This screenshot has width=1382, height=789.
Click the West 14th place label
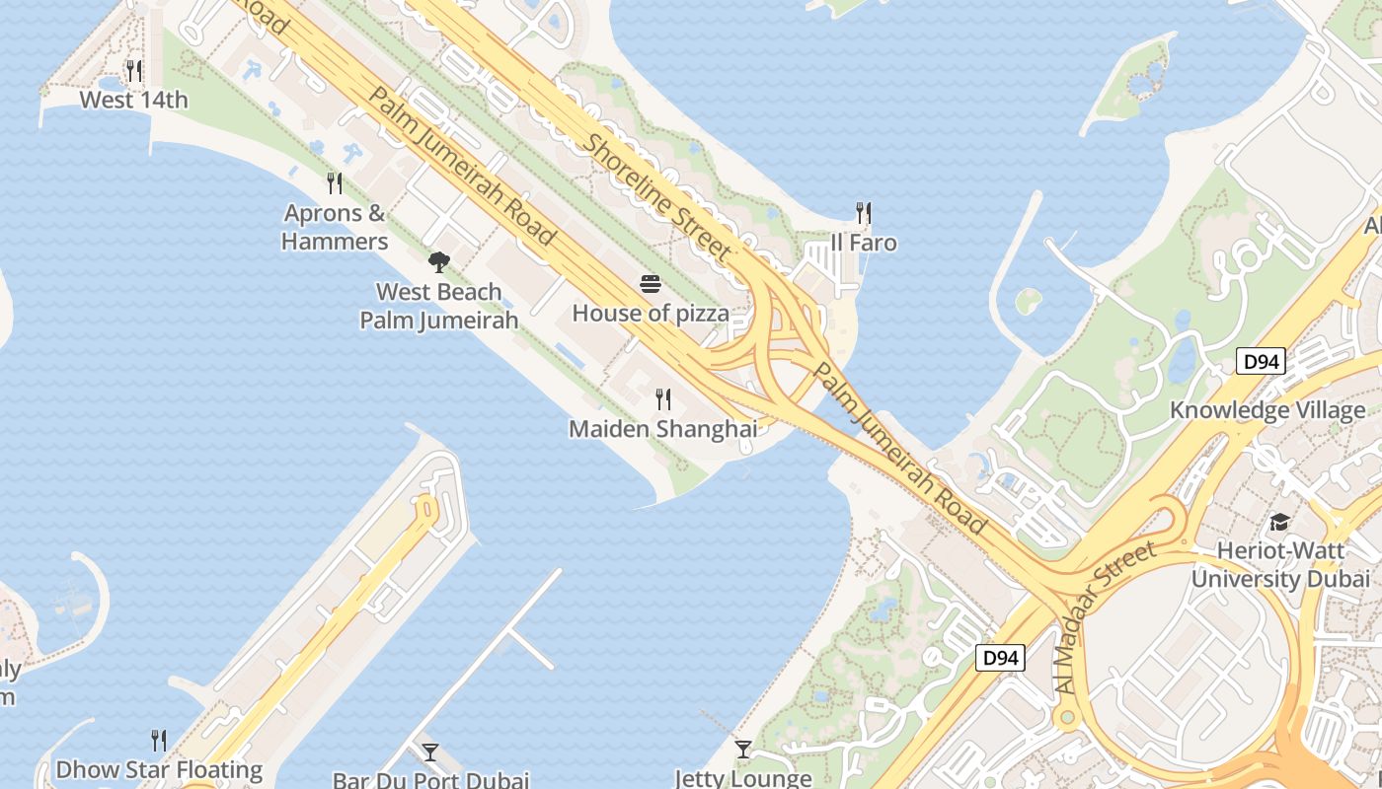pos(133,100)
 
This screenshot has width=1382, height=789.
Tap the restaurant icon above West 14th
pos(133,70)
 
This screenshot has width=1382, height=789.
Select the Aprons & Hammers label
pos(335,227)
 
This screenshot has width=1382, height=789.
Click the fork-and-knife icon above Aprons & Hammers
pos(335,182)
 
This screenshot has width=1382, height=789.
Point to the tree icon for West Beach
pos(439,262)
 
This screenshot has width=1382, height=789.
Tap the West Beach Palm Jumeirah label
pos(439,306)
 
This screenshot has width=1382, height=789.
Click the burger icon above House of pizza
pos(651,284)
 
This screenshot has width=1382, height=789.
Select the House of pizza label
pos(651,314)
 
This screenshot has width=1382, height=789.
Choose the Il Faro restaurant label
pos(864,243)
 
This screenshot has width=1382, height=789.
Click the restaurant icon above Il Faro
pos(864,213)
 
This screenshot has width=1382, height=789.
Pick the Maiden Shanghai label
pos(663,429)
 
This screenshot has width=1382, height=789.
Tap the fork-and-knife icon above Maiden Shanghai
pos(663,399)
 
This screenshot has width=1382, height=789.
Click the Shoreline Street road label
pos(658,197)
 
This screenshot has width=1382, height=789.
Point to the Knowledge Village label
pos(1267,410)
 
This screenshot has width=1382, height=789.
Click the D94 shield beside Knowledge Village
pos(1261,362)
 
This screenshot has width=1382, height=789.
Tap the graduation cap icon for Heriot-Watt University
pos(1280,522)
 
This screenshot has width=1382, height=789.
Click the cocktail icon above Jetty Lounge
pos(743,750)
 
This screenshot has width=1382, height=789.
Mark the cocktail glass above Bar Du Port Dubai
pos(430,753)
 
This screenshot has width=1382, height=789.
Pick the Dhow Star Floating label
pos(159,769)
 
